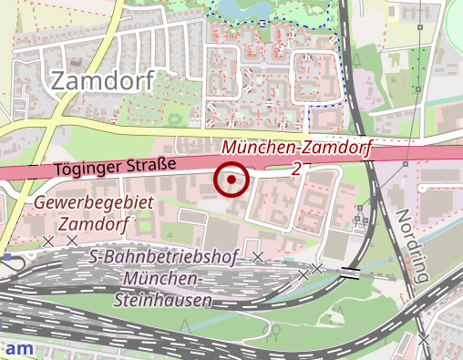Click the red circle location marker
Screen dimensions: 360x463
231,180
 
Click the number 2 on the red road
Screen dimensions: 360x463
297,169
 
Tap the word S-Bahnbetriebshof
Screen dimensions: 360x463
164,258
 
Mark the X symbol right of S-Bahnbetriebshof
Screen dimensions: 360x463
258,258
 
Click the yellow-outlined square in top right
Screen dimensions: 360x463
395,12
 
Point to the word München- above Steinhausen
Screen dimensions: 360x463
164,278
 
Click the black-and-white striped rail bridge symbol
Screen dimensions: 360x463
350,272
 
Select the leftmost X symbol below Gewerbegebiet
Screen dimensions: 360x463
48,241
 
